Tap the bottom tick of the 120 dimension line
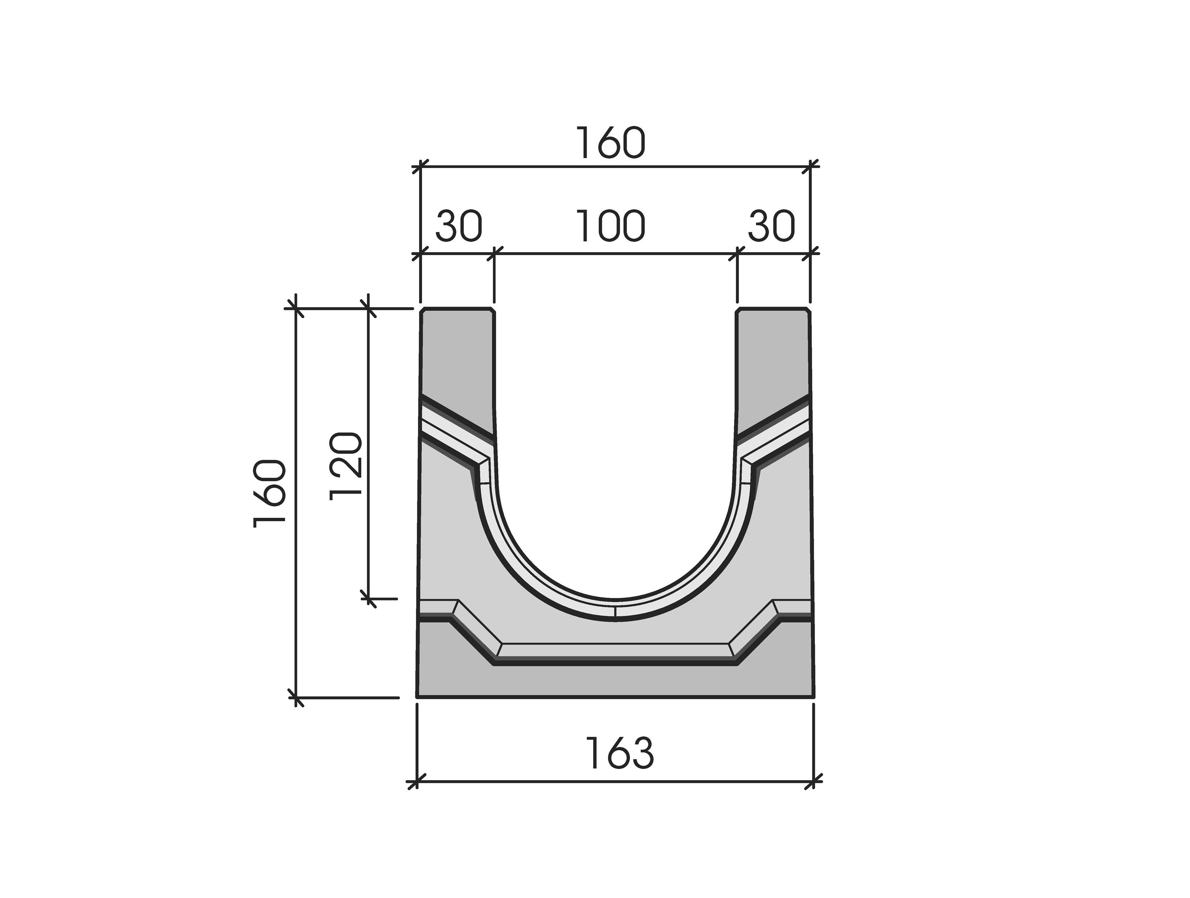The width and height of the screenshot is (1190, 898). pos(369,598)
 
